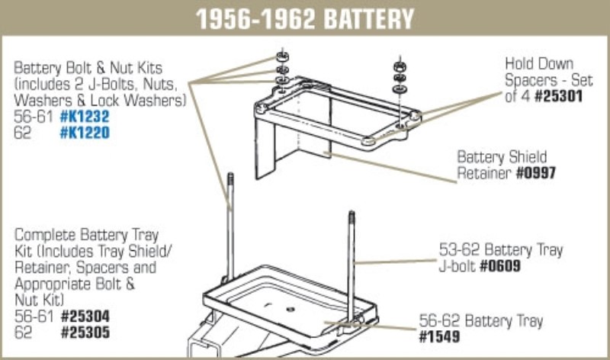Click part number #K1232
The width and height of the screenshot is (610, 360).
(85, 117)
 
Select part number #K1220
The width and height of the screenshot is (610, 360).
(85, 133)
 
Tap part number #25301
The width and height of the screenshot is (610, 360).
(559, 96)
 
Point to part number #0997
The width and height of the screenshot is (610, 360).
(536, 173)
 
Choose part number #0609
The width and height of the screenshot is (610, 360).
(500, 266)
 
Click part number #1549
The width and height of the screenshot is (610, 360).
(439, 336)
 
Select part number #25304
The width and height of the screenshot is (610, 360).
(85, 316)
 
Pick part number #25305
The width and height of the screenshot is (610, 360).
(85, 333)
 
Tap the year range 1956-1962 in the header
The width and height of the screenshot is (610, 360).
(255, 18)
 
